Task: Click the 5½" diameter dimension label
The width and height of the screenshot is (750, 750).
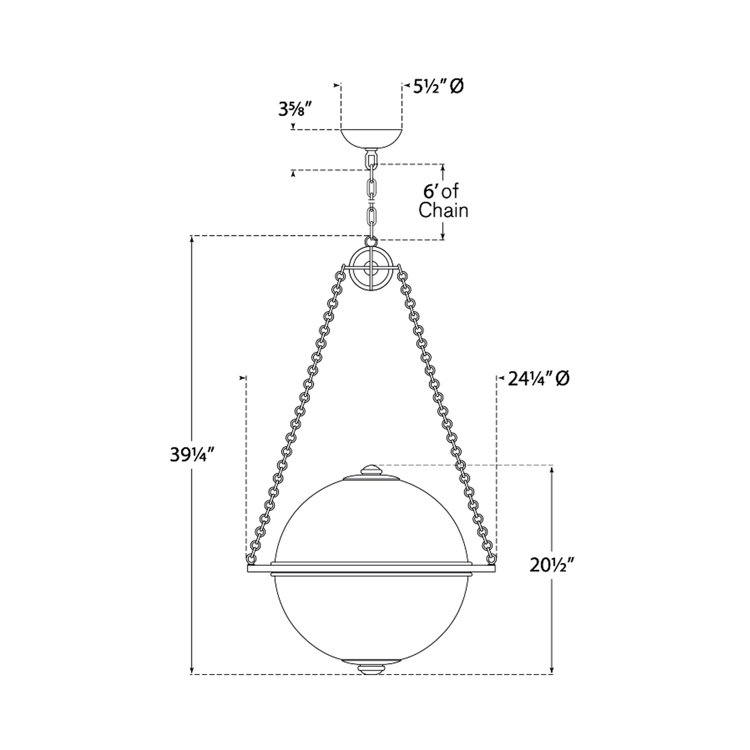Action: pyautogui.click(x=438, y=86)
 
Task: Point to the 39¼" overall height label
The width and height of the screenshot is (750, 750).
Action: pyautogui.click(x=192, y=455)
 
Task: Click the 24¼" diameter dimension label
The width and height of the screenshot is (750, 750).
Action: pyautogui.click(x=538, y=379)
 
